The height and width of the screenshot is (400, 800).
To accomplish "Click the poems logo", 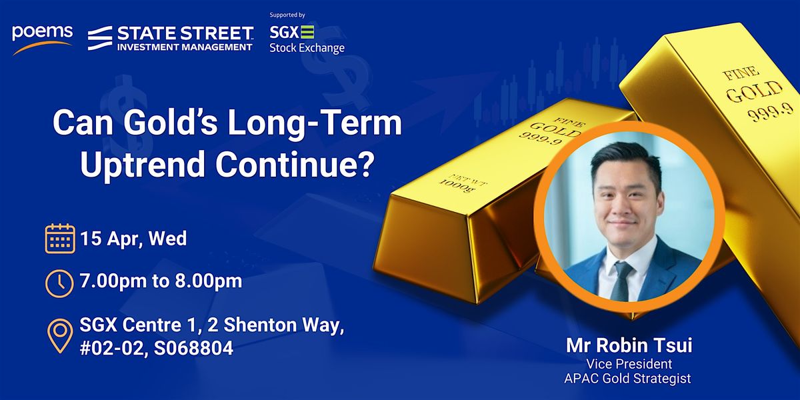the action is tap(42, 39).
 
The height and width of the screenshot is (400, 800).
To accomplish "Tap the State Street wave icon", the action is tap(100, 38).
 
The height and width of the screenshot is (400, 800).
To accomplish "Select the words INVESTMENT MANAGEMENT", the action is tap(185, 47).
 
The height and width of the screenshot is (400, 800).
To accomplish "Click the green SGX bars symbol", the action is tap(307, 32).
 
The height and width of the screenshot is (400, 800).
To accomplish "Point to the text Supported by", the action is tap(287, 15).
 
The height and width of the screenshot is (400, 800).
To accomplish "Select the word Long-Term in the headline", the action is tap(315, 123).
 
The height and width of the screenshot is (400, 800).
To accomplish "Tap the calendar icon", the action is tap(60, 239).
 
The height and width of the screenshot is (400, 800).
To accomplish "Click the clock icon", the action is tap(59, 283).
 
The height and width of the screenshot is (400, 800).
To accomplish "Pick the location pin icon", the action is tap(60, 336).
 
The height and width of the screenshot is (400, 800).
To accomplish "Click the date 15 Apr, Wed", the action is tap(133, 239).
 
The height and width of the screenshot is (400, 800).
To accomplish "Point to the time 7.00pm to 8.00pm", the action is tap(161, 281).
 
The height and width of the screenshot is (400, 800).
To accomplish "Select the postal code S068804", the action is tap(193, 348).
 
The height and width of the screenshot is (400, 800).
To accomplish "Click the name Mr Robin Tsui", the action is tap(629, 345).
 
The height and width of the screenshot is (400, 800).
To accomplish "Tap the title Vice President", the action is tap(629, 364).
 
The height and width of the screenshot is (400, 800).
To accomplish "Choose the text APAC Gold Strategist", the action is tap(627, 379).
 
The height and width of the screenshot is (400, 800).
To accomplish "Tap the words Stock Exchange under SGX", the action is tap(307, 48).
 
